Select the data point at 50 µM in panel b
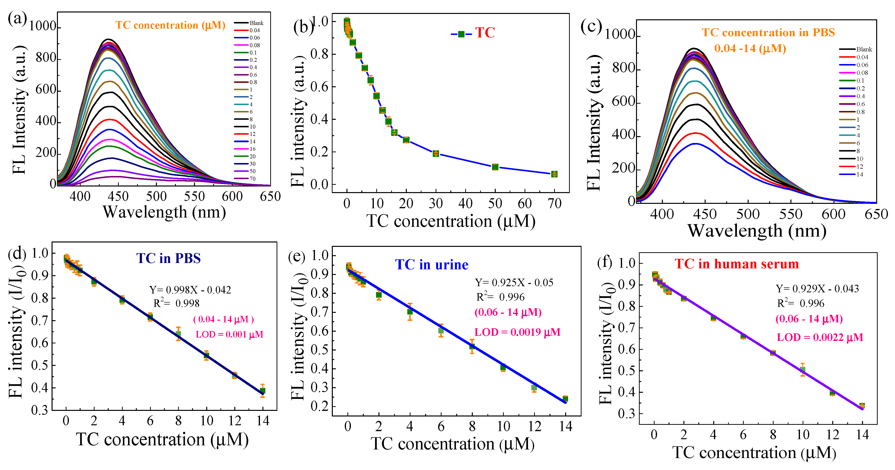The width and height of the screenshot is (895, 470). point(495,167)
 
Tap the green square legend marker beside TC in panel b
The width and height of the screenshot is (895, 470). point(461,34)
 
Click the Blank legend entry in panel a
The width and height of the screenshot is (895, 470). point(256,23)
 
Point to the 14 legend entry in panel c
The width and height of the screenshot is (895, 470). point(860,175)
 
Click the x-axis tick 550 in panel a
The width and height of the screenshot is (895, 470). point(194,197)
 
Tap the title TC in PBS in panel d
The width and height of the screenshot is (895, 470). point(169,258)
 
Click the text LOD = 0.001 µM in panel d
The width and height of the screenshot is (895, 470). point(229,334)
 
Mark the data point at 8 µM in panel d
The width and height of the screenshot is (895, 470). point(178,334)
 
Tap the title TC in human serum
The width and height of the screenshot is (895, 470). point(737,264)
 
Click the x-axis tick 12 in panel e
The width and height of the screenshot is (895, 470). point(534,426)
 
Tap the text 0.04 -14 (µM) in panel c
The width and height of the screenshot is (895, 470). point(750,48)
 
